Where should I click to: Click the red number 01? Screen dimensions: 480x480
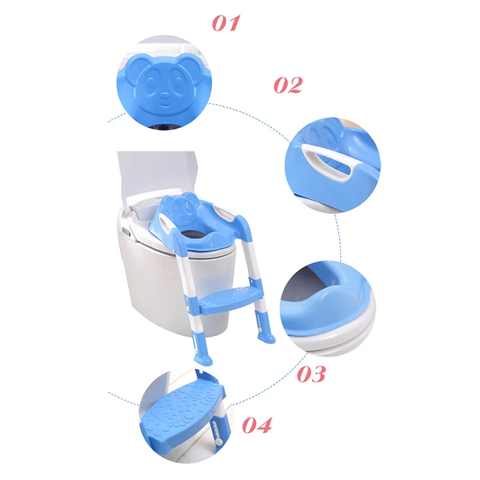(x=226, y=23)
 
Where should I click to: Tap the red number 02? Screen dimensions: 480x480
(x=288, y=85)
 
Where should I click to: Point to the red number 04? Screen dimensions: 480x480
(x=257, y=425)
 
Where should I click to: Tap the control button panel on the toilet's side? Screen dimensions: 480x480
(x=126, y=233)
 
